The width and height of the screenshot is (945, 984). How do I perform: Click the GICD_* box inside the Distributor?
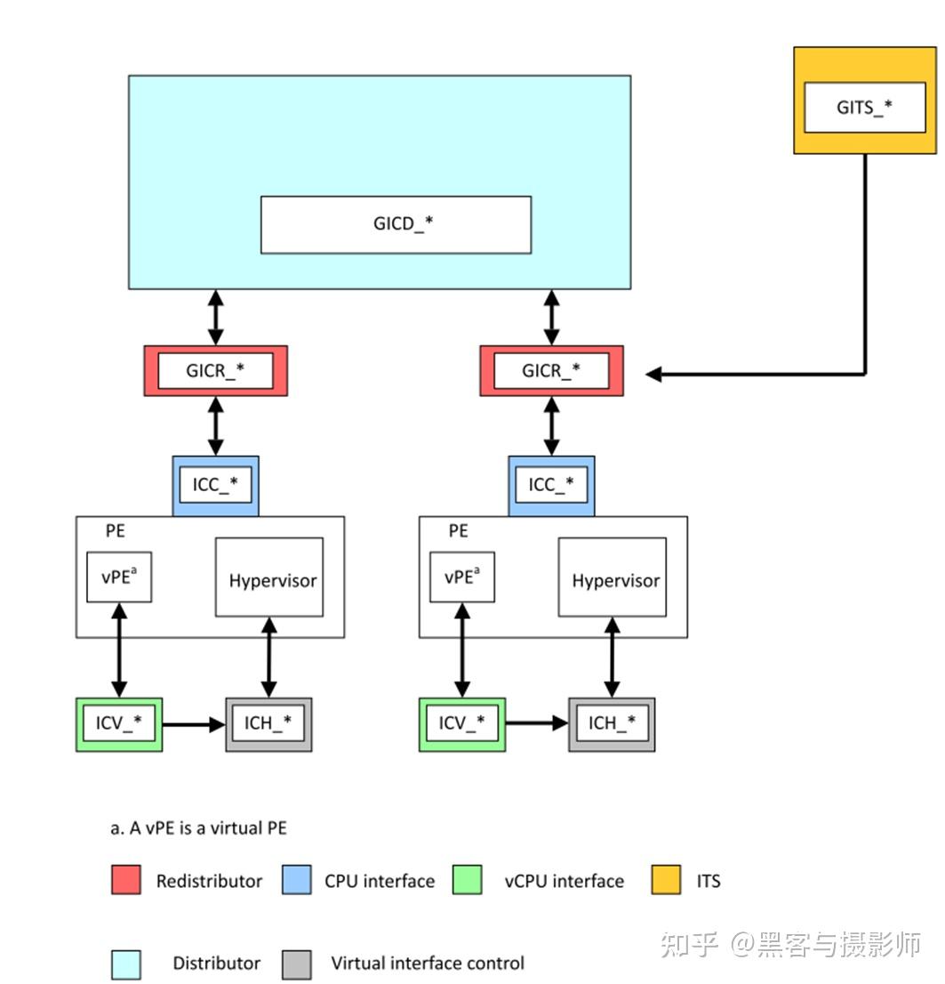(x=396, y=224)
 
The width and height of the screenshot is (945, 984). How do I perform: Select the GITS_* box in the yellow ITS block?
(x=864, y=108)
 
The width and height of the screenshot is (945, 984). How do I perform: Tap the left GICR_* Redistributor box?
(x=215, y=370)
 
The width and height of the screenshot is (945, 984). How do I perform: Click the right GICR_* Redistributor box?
(x=551, y=370)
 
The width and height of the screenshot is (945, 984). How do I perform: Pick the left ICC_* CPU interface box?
(x=215, y=485)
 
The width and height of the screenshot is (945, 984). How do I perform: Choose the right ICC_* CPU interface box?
(x=551, y=485)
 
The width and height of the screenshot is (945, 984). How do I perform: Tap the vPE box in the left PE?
(x=119, y=577)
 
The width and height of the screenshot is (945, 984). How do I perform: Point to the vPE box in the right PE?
(x=461, y=577)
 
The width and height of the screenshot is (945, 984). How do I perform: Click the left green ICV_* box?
(x=119, y=723)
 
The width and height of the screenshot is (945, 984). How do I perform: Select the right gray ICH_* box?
(x=612, y=723)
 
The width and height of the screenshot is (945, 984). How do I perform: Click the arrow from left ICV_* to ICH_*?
(x=193, y=724)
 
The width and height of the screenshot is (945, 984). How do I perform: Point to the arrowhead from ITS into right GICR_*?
(x=654, y=375)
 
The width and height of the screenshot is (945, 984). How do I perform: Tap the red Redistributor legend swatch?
(x=126, y=880)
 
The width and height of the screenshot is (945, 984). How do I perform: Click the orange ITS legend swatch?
(x=666, y=880)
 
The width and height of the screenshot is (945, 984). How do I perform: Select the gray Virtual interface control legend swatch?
(x=297, y=964)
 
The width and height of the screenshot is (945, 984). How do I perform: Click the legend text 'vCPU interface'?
(x=564, y=881)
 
